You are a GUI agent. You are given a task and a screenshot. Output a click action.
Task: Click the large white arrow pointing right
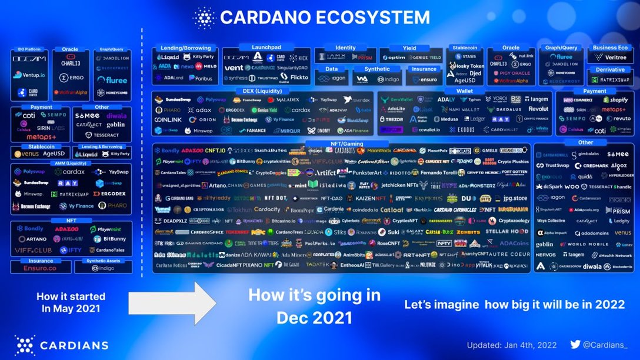click(x=172, y=301)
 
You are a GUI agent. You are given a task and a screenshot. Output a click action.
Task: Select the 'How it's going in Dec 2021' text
click(x=314, y=306)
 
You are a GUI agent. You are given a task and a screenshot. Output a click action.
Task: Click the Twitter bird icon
click(x=575, y=345)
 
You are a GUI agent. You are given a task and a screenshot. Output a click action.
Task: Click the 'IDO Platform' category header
click(x=28, y=50)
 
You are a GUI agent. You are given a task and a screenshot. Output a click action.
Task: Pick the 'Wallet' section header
click(x=465, y=91)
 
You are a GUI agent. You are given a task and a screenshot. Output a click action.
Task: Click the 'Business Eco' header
click(x=610, y=48)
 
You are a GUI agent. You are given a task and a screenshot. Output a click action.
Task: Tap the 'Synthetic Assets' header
click(x=103, y=261)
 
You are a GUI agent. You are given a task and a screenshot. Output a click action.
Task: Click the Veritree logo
click(x=611, y=57)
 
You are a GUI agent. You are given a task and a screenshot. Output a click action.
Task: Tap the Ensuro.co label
click(x=40, y=268)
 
